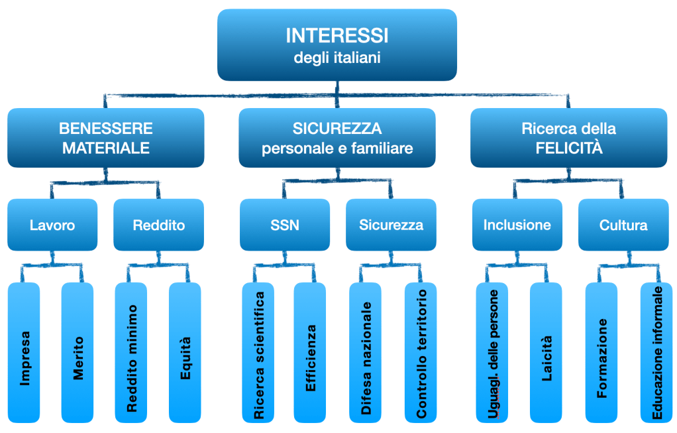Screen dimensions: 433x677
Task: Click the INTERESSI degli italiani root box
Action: (x=337, y=44)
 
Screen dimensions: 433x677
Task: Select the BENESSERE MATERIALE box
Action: (x=106, y=138)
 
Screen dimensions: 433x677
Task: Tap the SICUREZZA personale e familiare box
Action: (x=337, y=138)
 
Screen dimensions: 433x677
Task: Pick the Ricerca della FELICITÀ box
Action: (x=568, y=138)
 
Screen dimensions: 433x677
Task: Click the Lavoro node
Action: (x=52, y=225)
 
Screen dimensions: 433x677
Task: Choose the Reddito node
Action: (x=158, y=225)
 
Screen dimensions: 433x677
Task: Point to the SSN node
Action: (x=285, y=225)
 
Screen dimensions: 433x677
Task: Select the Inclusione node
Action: (x=517, y=225)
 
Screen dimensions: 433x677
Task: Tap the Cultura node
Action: (x=623, y=225)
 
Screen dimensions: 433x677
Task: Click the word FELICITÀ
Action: (x=568, y=147)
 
